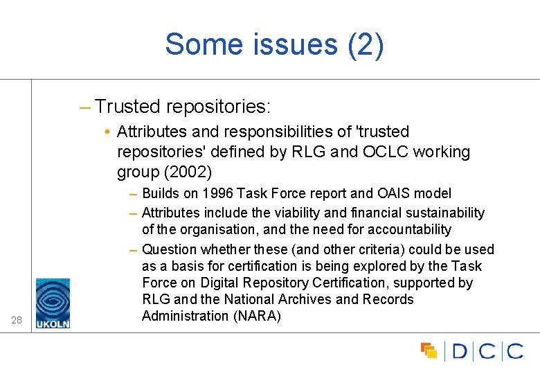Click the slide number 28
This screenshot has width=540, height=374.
[x=17, y=319]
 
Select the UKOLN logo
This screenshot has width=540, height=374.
[x=53, y=303]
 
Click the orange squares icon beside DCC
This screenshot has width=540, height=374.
[x=429, y=350]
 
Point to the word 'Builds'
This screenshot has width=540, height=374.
[x=161, y=193]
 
